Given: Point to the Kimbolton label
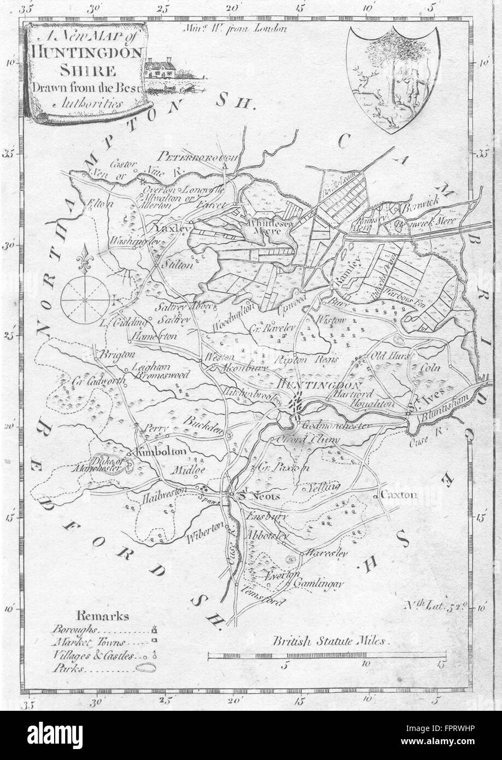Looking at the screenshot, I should click(x=161, y=452).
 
